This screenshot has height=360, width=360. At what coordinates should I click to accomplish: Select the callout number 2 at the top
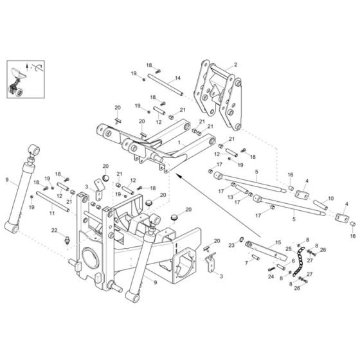tap(235, 65)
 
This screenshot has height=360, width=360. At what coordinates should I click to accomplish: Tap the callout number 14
tap(177, 78)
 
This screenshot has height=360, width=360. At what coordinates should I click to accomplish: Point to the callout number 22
tap(55, 230)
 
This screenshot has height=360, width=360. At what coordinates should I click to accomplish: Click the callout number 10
tap(330, 199)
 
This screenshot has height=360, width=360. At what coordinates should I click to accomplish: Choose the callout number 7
tap(247, 264)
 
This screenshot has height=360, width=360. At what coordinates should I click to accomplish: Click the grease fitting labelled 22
tap(66, 243)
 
